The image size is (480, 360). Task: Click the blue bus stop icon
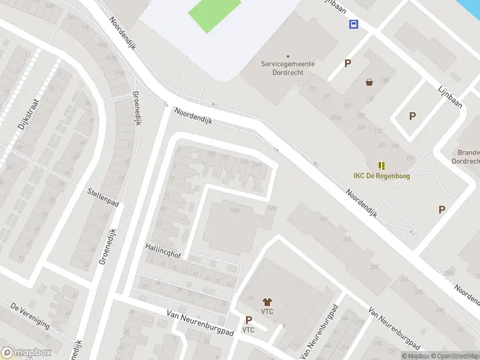[x=354, y=25]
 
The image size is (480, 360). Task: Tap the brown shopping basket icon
[x=369, y=82]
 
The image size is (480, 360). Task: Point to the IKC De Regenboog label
[x=381, y=176]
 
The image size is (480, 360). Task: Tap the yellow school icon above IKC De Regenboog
[x=381, y=165]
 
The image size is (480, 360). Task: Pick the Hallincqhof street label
[x=163, y=251]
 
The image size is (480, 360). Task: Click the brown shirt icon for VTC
[x=268, y=301]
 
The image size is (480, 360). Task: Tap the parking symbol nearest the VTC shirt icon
[x=248, y=320]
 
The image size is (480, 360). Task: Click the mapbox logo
[x=25, y=353]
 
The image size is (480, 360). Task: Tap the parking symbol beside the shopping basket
[x=347, y=64]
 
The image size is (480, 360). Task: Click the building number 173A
[x=235, y=211]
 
